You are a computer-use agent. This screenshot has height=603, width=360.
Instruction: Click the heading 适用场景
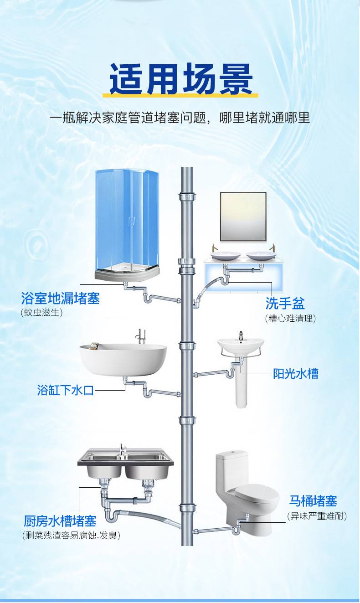point(181,79)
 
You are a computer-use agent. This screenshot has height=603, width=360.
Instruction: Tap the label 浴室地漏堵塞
point(60,298)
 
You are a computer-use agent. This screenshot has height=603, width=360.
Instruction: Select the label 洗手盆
point(285,304)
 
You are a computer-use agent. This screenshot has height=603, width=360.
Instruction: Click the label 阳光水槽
point(296,374)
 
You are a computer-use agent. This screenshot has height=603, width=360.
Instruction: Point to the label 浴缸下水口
point(65,390)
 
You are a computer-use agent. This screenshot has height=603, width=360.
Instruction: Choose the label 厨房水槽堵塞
point(60,521)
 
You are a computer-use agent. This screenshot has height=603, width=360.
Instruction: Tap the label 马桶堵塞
point(313,501)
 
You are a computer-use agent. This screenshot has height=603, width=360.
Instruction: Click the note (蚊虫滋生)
point(42,313)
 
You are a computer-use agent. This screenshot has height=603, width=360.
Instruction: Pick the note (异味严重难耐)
point(317,516)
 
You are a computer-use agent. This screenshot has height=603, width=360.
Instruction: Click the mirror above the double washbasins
point(243,216)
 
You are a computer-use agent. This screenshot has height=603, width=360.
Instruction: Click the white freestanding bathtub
point(123,359)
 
